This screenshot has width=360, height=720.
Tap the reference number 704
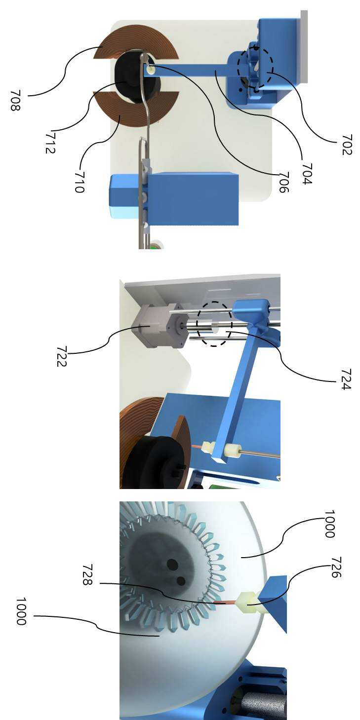[307, 174]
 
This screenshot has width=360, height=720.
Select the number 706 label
[283, 182]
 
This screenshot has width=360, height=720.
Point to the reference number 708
[15, 100]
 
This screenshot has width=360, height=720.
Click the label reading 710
[80, 182]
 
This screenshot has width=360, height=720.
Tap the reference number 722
[61, 356]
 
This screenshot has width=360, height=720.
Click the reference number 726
[336, 568]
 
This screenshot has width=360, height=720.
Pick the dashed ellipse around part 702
[255, 68]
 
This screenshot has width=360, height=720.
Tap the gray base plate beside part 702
[304, 46]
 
